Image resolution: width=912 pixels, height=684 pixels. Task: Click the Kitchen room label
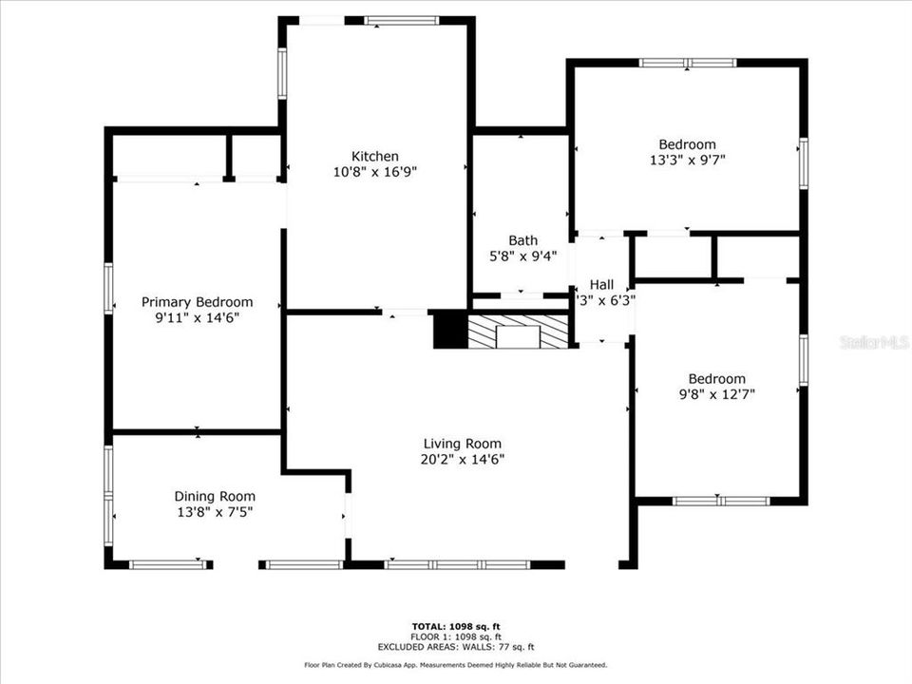pos(375,156)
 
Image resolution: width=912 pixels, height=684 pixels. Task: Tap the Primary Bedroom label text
pos(198,302)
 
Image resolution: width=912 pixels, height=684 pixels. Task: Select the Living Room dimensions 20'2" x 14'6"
pos(463,459)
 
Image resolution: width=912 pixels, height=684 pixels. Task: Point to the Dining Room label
pos(215,496)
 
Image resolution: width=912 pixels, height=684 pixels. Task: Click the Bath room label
pos(522,240)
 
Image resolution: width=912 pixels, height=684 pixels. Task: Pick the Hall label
pos(602,284)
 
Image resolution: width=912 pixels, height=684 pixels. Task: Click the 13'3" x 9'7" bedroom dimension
pos(688,161)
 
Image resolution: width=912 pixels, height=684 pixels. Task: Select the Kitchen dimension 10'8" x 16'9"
pos(375,172)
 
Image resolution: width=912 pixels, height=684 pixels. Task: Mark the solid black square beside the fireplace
pos(446,331)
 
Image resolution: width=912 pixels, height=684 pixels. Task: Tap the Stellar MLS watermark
pos(874,341)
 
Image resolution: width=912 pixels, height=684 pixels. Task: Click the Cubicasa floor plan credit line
pos(456,666)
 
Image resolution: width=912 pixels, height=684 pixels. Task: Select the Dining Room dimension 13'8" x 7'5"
pos(215,512)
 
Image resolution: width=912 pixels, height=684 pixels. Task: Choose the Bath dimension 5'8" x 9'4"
pos(522,256)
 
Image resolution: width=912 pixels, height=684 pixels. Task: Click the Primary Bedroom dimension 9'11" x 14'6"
pos(198,317)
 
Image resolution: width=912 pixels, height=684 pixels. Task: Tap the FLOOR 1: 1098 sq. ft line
pos(456,636)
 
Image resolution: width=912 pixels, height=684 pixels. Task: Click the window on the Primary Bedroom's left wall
pos(108,288)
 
